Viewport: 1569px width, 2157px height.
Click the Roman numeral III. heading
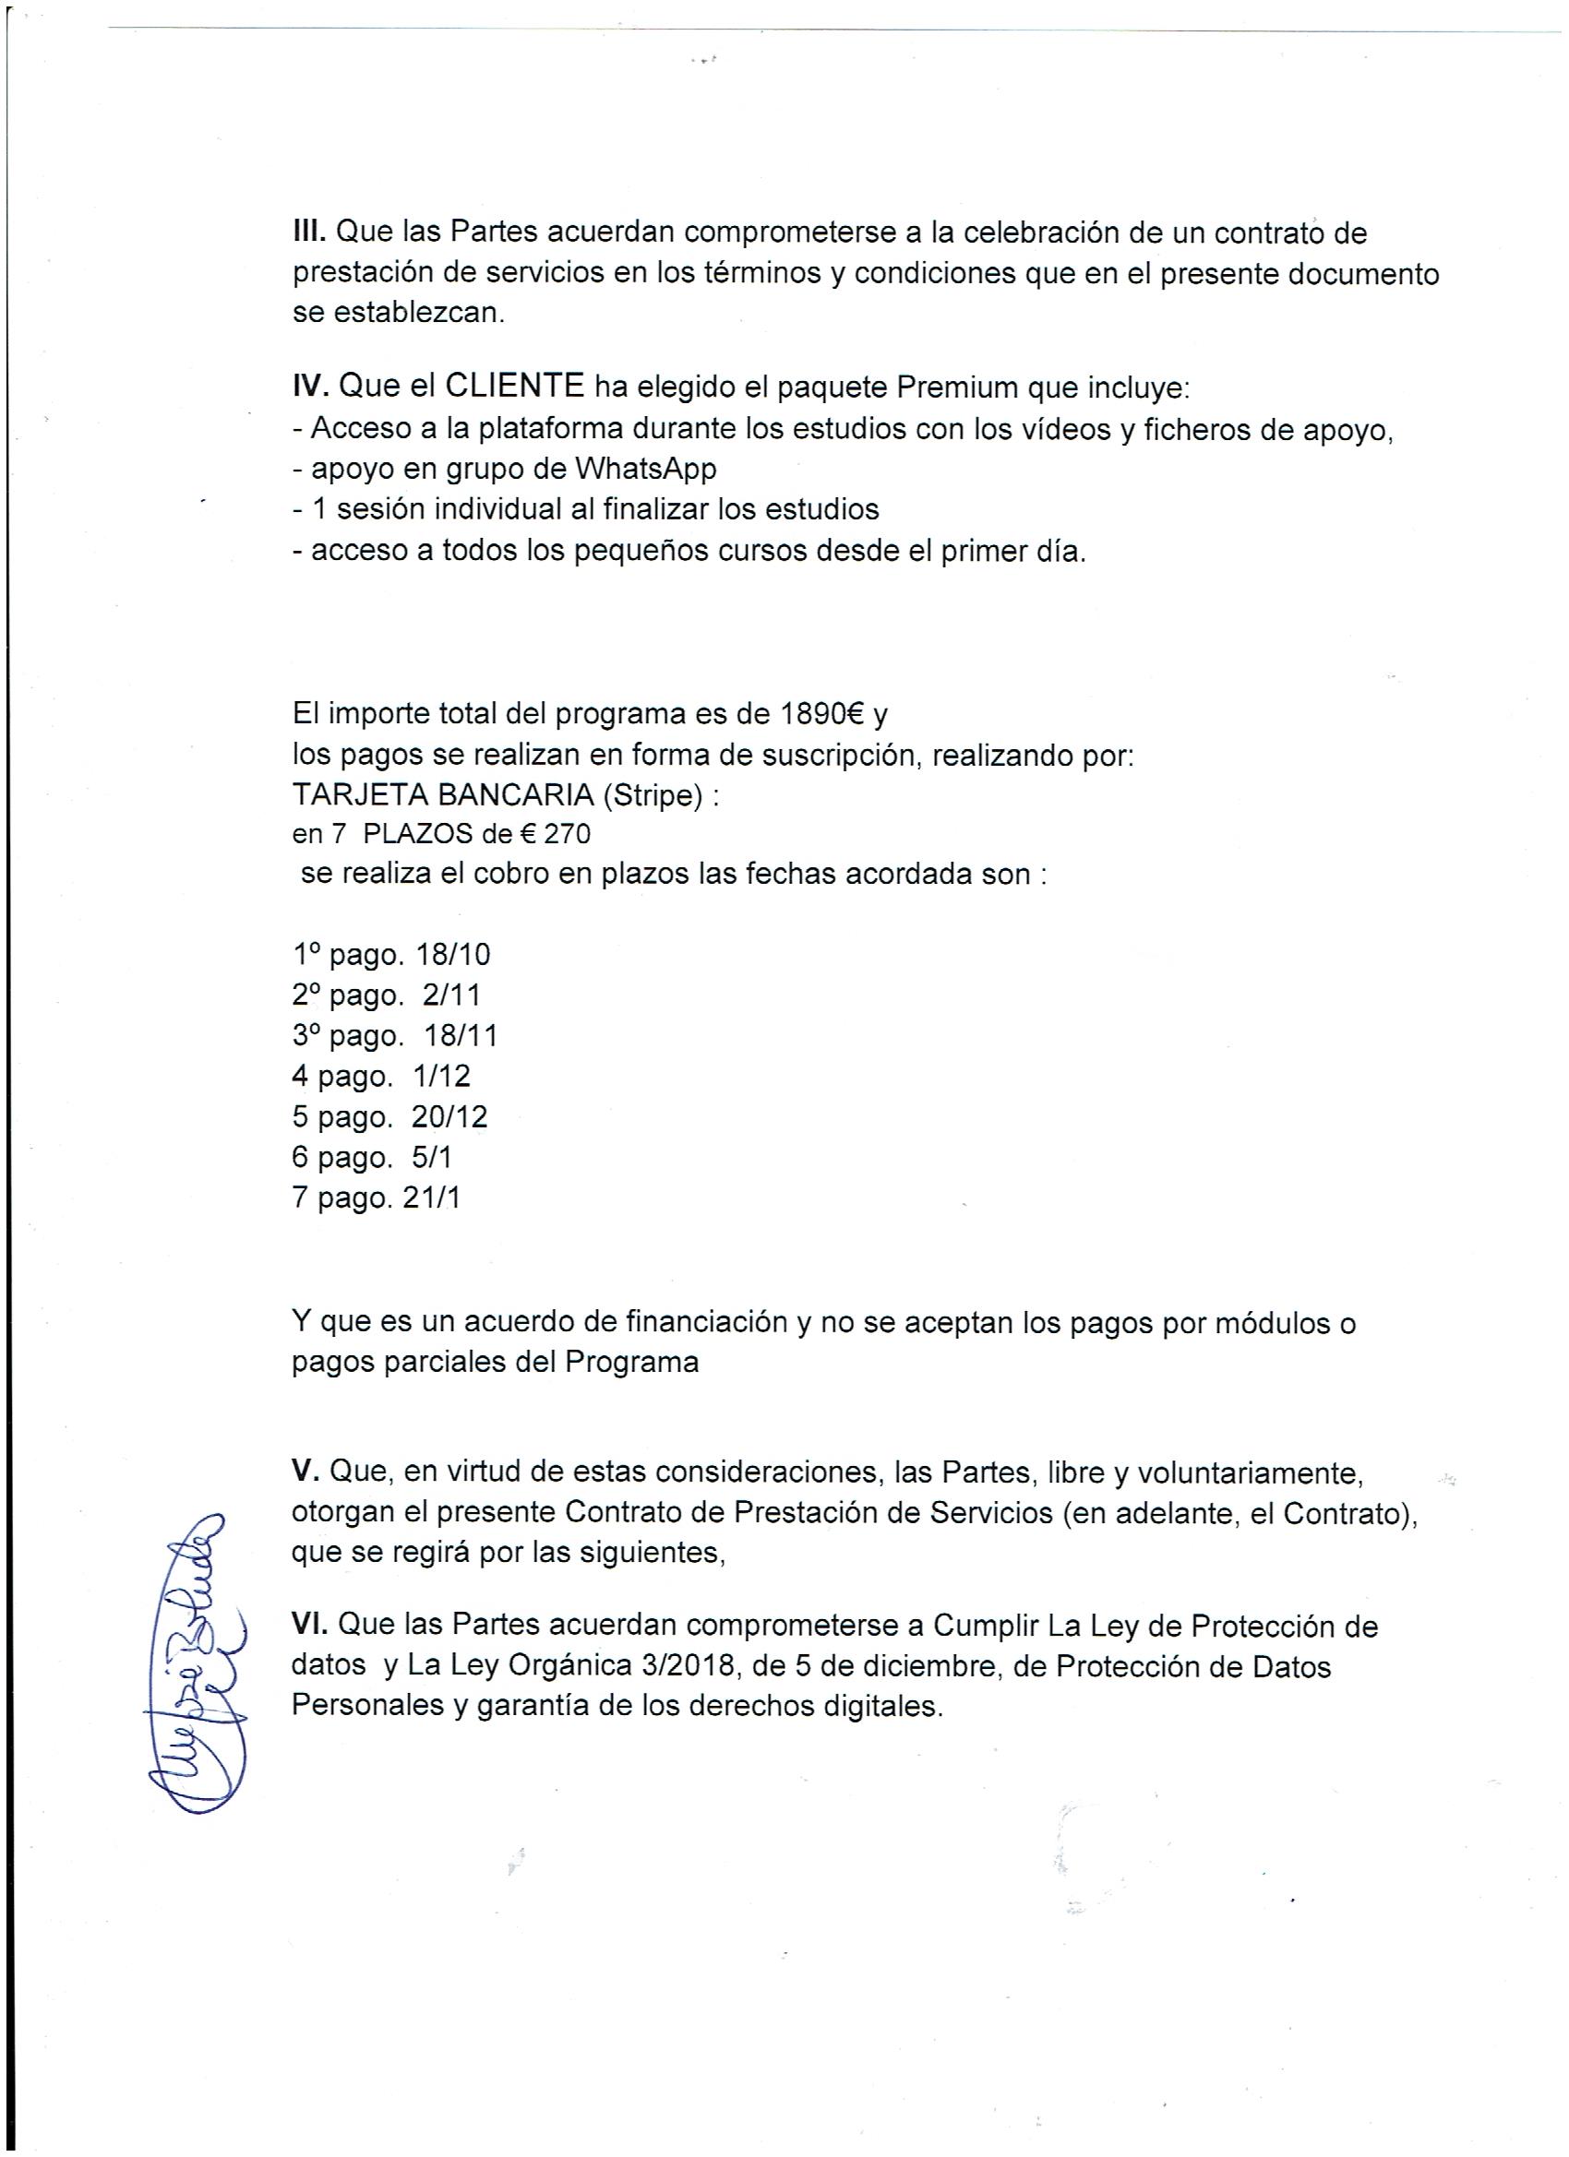[309, 232]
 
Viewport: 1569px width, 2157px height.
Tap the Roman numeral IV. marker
[310, 387]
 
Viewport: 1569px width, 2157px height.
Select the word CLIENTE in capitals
[514, 387]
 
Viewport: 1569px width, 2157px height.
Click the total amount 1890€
[820, 714]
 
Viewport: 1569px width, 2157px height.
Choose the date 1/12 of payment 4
[441, 1077]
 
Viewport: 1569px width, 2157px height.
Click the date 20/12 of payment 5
[449, 1116]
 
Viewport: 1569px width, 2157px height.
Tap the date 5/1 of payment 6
[434, 1158]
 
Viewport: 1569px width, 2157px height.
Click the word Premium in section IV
[966, 387]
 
